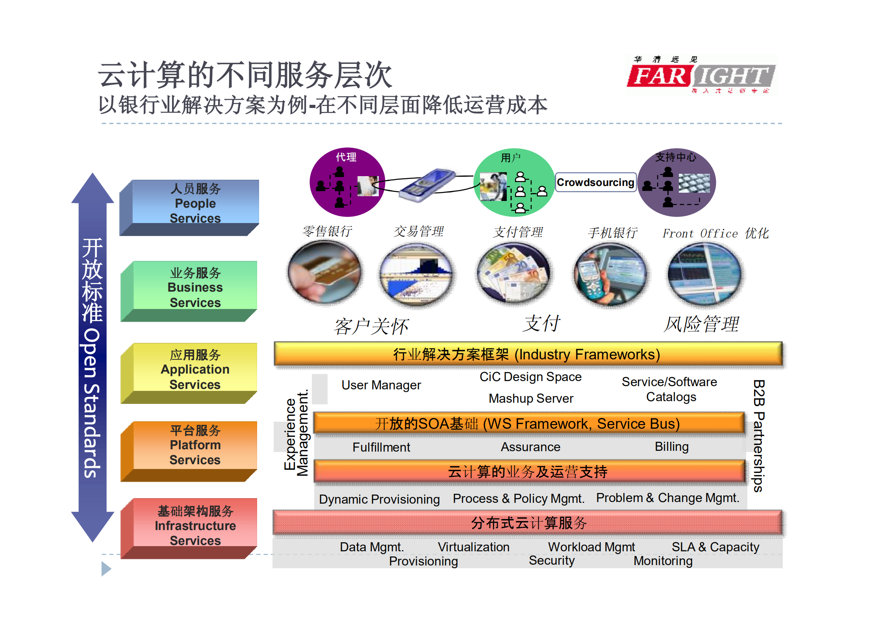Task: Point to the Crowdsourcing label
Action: pyautogui.click(x=595, y=182)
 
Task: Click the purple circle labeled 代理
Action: pyautogui.click(x=347, y=182)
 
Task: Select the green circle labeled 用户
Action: pyautogui.click(x=514, y=182)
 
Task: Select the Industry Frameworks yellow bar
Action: pyautogui.click(x=528, y=354)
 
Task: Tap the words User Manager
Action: pyautogui.click(x=381, y=385)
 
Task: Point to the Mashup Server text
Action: pyautogui.click(x=531, y=398)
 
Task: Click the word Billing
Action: pyautogui.click(x=671, y=446)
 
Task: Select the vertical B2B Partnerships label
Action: pyautogui.click(x=758, y=435)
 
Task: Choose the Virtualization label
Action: pyautogui.click(x=473, y=547)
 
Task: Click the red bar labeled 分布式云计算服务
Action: pyautogui.click(x=528, y=523)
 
